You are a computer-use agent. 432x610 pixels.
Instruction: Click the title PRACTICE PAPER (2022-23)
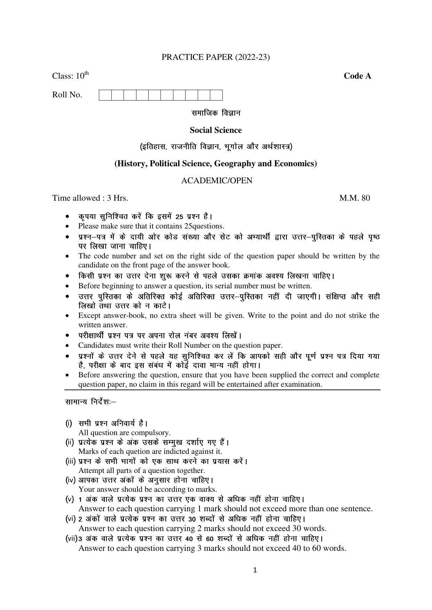pyautogui.click(x=215, y=57)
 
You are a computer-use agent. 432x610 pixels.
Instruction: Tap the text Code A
pyautogui.click(x=357, y=76)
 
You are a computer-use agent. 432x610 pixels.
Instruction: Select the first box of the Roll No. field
pyautogui.click(x=105, y=95)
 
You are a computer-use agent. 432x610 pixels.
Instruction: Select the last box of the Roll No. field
pyautogui.click(x=216, y=95)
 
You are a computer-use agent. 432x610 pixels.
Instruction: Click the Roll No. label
pyautogui.click(x=67, y=95)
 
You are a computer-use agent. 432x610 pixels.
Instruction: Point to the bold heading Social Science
pyautogui.click(x=215, y=130)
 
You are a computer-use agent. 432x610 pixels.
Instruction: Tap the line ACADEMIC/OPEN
pyautogui.click(x=217, y=181)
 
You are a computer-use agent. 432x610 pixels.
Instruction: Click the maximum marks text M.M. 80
pyautogui.click(x=354, y=198)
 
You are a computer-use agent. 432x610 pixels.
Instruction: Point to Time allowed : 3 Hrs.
pyautogui.click(x=90, y=198)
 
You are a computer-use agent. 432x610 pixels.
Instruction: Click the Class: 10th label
pyautogui.click(x=70, y=76)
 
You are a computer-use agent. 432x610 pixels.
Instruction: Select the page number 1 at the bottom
pyautogui.click(x=255, y=570)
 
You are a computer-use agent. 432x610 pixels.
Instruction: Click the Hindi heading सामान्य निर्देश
pyautogui.click(x=90, y=402)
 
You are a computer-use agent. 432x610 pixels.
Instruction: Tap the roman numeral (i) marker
pyautogui.click(x=69, y=423)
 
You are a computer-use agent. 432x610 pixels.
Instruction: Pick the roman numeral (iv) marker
pyautogui.click(x=70, y=480)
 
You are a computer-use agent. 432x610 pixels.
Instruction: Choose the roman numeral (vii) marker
pyautogui.click(x=71, y=538)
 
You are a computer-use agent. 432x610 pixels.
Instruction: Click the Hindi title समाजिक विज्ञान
pyautogui.click(x=215, y=113)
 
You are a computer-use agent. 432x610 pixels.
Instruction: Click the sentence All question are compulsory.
pyautogui.click(x=124, y=433)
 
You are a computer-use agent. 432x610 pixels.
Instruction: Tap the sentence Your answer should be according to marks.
pyautogui.click(x=148, y=490)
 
